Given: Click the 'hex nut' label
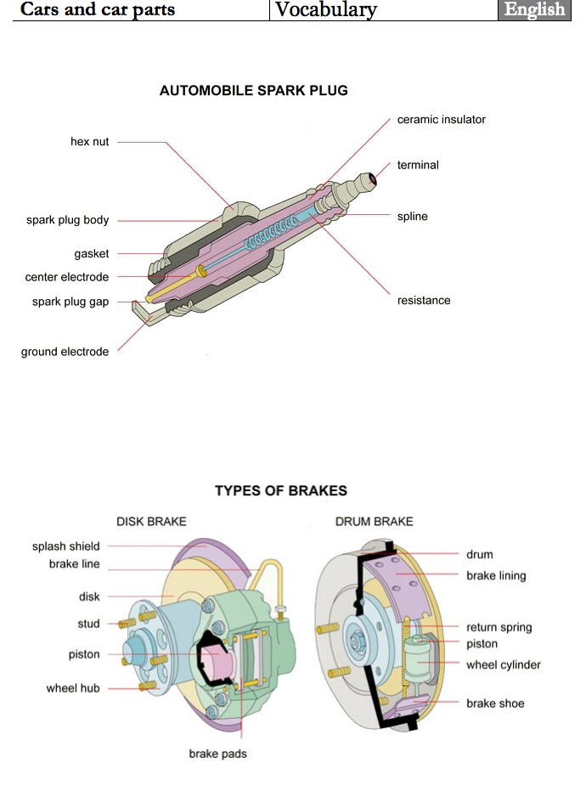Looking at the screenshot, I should tap(89, 142).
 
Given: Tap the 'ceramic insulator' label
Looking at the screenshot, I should tap(441, 120).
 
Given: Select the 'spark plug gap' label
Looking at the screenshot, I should tap(70, 302).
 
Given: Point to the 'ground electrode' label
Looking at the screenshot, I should tap(65, 352).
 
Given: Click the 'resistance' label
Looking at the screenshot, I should tap(424, 301).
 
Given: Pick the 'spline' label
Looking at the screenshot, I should tap(412, 217).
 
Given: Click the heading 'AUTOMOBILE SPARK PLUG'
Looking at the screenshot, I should tap(253, 91).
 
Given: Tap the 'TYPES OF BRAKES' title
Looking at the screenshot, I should tap(280, 491).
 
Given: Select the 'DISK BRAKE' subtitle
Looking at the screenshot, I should tap(151, 521).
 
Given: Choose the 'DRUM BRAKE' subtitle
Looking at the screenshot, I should tap(374, 521).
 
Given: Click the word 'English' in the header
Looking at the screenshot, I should tap(534, 10).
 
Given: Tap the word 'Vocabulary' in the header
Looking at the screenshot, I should tap(326, 10).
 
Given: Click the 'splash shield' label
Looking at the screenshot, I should tap(65, 546).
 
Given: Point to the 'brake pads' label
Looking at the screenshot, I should tap(217, 753).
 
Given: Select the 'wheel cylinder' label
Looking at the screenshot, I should tap(503, 664).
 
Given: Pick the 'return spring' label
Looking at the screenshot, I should tap(499, 628).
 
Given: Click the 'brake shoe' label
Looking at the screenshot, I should tap(495, 704).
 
